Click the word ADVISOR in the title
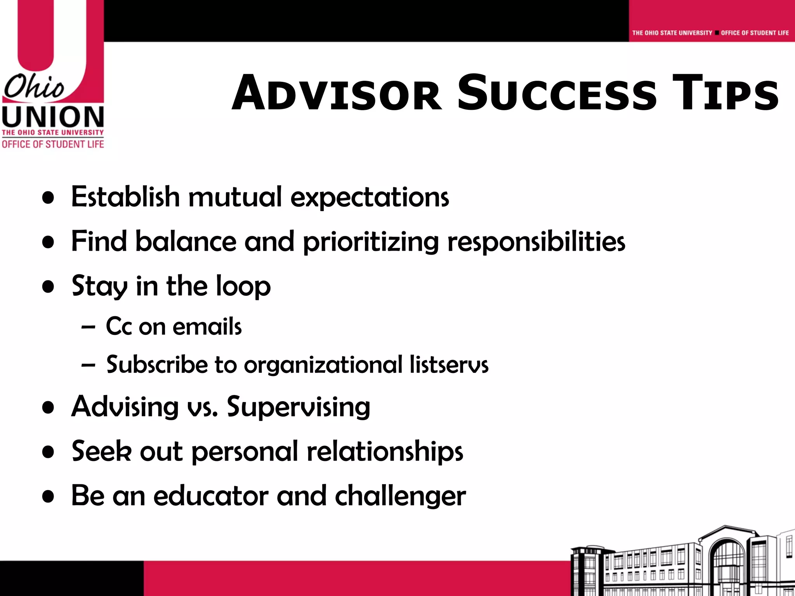coord(336,94)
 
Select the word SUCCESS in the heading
coord(557,94)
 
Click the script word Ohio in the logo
coord(34,87)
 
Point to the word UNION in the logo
coord(53,117)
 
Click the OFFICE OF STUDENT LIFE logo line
coord(53,144)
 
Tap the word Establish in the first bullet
coord(125,197)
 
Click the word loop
coord(243,286)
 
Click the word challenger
coord(400,497)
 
